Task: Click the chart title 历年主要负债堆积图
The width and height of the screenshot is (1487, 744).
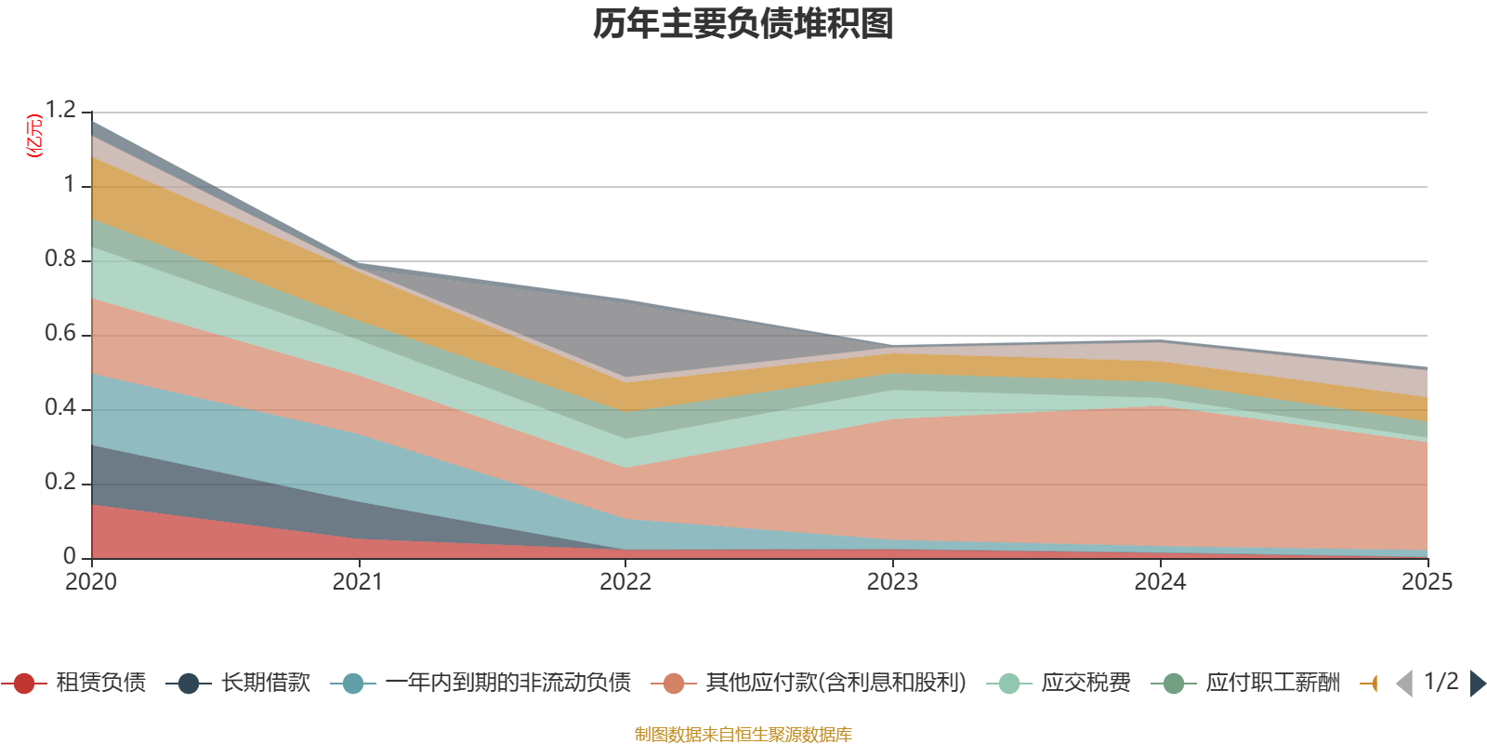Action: pos(743,24)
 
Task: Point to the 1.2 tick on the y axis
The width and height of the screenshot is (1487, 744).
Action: pos(60,111)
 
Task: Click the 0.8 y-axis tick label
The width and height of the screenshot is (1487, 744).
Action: pos(60,259)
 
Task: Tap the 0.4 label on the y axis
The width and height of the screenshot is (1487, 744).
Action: pos(60,408)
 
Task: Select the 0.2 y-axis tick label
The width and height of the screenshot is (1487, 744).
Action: pos(60,483)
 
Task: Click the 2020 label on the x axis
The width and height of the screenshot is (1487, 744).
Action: pos(91,582)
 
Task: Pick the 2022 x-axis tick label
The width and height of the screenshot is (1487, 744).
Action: pos(625,582)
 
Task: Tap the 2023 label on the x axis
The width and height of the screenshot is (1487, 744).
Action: pos(892,582)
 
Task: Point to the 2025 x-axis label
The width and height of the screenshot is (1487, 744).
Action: pos(1426,582)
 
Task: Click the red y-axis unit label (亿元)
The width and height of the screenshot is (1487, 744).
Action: pos(34,136)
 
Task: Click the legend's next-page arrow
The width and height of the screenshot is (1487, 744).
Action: pos(1478,684)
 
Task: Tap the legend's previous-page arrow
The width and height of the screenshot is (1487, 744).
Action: pos(1404,684)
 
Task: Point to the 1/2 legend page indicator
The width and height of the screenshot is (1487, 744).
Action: pos(1441,682)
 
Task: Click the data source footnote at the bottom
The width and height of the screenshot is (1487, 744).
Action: pos(743,735)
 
